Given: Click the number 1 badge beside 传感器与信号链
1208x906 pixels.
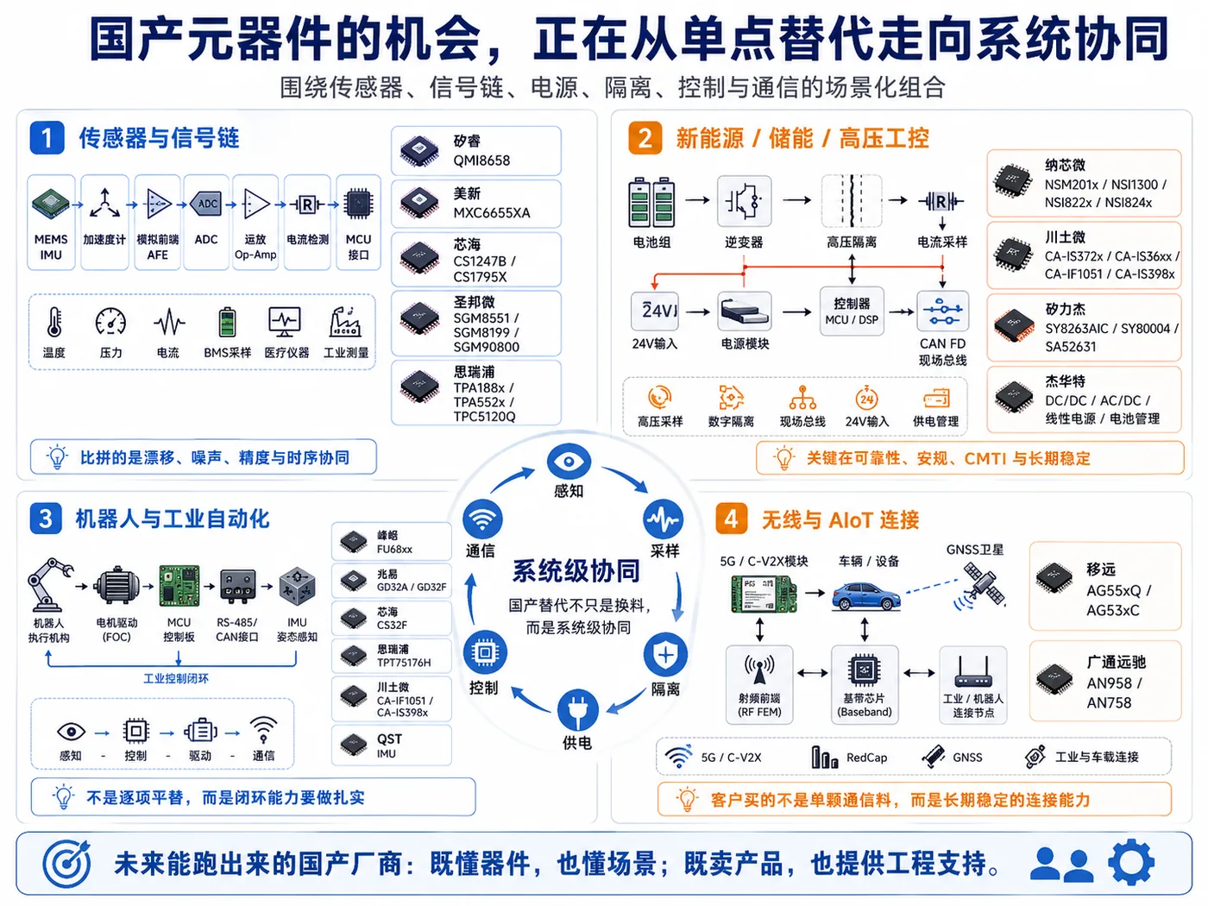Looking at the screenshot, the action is pyautogui.click(x=47, y=137).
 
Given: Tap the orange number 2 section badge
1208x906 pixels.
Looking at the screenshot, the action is pyautogui.click(x=645, y=138).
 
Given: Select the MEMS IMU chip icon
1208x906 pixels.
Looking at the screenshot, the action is pyautogui.click(x=51, y=204).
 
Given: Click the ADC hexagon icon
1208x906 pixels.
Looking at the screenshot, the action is pyautogui.click(x=206, y=204).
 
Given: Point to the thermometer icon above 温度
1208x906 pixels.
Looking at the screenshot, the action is pyautogui.click(x=54, y=322).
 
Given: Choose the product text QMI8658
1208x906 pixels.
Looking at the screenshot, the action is pyautogui.click(x=481, y=160).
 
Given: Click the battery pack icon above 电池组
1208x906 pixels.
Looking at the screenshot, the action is pyautogui.click(x=651, y=202).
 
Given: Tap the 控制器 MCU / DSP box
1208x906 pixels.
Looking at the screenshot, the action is pyautogui.click(x=852, y=311).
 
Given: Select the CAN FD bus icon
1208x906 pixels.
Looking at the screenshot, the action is pyautogui.click(x=943, y=311).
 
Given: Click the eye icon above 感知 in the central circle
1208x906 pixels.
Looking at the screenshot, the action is pyautogui.click(x=569, y=461).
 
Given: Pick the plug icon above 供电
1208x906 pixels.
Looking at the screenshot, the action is pyautogui.click(x=577, y=710).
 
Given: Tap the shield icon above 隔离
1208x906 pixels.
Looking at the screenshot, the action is pyautogui.click(x=665, y=655).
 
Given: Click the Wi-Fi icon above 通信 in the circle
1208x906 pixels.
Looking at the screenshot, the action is pyautogui.click(x=482, y=519).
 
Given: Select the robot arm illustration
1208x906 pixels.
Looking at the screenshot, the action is pyautogui.click(x=49, y=585).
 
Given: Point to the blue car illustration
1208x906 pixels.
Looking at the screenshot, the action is pyautogui.click(x=866, y=595).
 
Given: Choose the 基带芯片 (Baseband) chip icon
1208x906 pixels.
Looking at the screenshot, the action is pyautogui.click(x=864, y=670).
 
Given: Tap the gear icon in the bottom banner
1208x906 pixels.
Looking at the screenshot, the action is pyautogui.click(x=1131, y=863).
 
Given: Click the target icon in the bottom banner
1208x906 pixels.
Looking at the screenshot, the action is pyautogui.click(x=67, y=863).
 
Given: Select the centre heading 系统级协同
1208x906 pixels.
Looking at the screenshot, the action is pyautogui.click(x=576, y=571).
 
